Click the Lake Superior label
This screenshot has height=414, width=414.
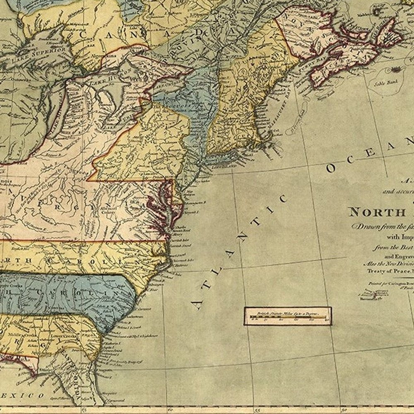[x=40, y=55]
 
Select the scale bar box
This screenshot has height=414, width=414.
[x=287, y=316]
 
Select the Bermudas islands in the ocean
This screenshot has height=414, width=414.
[x=375, y=294]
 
